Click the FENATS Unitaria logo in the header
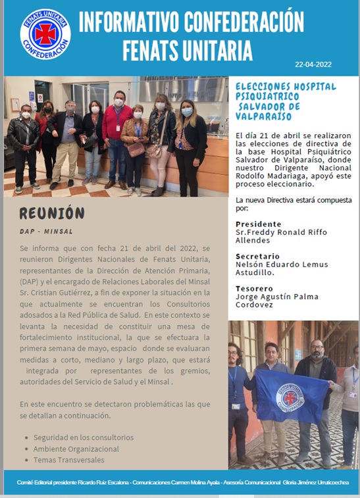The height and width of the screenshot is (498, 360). (45, 34)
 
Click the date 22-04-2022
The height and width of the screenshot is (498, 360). (314, 65)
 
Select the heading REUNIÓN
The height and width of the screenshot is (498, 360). (52, 213)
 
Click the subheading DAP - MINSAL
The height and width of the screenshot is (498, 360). (46, 232)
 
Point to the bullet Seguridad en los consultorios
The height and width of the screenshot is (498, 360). (84, 437)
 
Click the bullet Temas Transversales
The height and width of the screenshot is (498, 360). (68, 460)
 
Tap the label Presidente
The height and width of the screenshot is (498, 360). (258, 224)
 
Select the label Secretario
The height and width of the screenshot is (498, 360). (257, 256)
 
